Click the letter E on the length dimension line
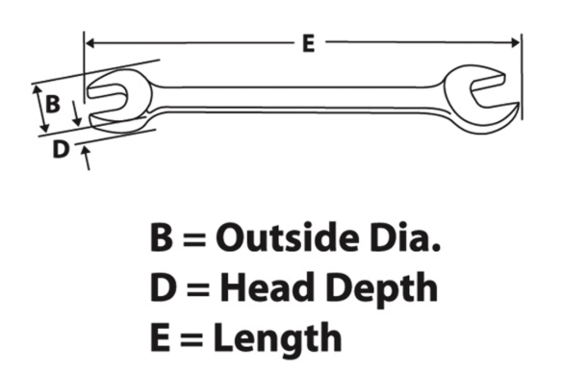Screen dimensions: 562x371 (x=309, y=43)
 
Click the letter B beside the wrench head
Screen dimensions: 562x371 (x=52, y=104)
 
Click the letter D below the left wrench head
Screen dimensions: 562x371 (x=61, y=149)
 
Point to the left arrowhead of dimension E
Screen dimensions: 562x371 (x=89, y=43)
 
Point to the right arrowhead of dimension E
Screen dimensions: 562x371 (x=516, y=43)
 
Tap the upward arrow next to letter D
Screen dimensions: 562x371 (x=86, y=158)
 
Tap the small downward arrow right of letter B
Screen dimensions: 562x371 (x=76, y=113)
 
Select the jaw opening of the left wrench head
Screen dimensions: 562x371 (x=108, y=100)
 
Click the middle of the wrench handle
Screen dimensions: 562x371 (x=297, y=99)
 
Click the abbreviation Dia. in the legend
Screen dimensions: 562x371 (x=405, y=237)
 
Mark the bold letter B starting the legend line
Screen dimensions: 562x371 (x=162, y=237)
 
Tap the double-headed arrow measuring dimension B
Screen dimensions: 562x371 (x=40, y=109)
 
